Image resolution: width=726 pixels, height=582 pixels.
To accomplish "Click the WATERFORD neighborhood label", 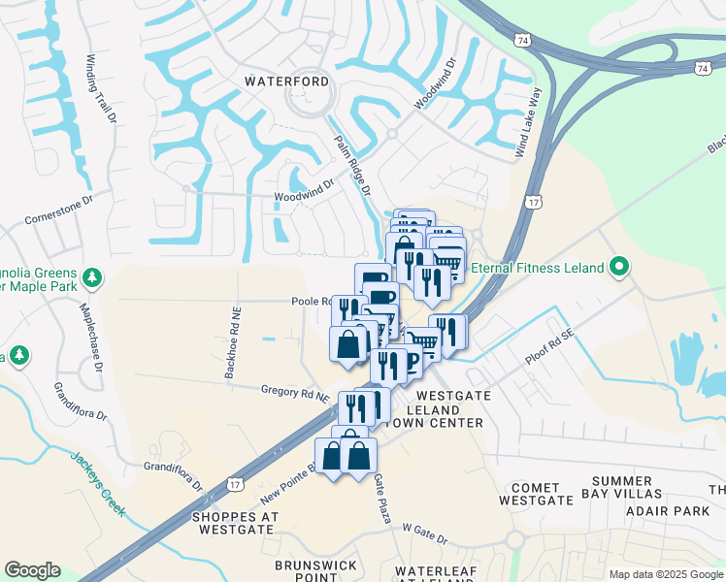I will coord(286,81).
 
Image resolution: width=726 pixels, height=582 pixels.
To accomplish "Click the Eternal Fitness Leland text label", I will coord(540,268).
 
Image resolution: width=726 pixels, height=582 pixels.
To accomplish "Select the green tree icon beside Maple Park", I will coord(92,279).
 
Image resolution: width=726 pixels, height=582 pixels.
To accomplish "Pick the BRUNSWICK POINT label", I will coord(315,570).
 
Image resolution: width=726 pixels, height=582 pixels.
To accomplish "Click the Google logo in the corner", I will coord(32,570).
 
